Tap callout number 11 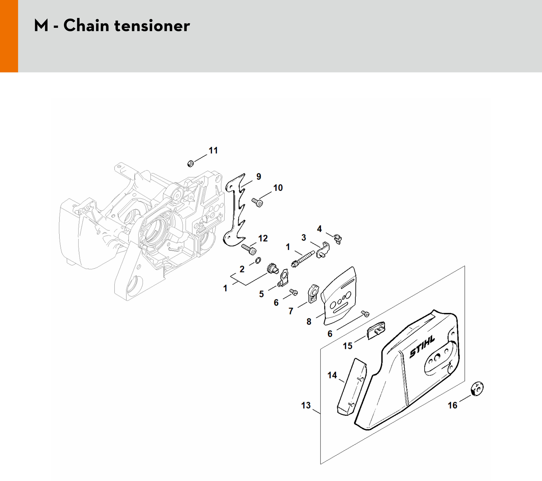[213, 150]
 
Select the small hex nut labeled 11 [190, 164]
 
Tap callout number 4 [319, 229]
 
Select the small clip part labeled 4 [338, 239]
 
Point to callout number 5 [262, 294]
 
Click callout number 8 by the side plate [309, 322]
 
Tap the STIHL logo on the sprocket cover [422, 346]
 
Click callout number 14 [332, 375]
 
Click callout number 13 [306, 405]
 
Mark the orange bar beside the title [9, 36]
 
